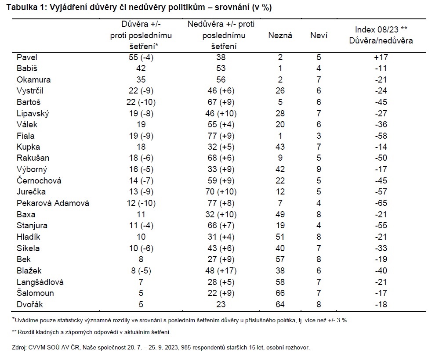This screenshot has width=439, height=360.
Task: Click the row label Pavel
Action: click(x=27, y=58)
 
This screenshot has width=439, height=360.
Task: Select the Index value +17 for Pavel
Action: click(x=381, y=58)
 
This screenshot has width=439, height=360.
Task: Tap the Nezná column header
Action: click(x=280, y=35)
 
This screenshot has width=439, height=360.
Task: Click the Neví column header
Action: click(x=319, y=35)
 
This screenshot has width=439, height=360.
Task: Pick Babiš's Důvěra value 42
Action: click(x=141, y=68)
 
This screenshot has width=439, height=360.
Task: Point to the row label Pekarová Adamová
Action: click(x=53, y=203)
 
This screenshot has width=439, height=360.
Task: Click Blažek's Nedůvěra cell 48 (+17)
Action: click(x=221, y=271)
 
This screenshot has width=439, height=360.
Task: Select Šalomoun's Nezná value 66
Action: click(x=280, y=293)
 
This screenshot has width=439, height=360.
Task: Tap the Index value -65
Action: click(x=381, y=203)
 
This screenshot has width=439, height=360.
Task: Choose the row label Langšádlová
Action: click(x=40, y=282)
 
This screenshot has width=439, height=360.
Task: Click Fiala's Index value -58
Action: click(x=381, y=136)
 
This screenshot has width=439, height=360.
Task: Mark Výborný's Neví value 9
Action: click(x=319, y=169)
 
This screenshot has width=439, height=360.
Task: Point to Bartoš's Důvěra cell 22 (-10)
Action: click(x=141, y=102)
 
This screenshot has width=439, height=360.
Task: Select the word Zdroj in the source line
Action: click(x=19, y=348)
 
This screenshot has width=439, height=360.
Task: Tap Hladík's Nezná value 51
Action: click(x=280, y=237)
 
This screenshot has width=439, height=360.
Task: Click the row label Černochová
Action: click(x=39, y=181)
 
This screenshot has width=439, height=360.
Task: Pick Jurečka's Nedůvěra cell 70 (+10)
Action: click(x=221, y=192)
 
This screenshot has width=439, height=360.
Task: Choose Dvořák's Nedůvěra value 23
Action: click(x=221, y=304)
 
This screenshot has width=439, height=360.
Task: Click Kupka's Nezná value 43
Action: click(x=280, y=147)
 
